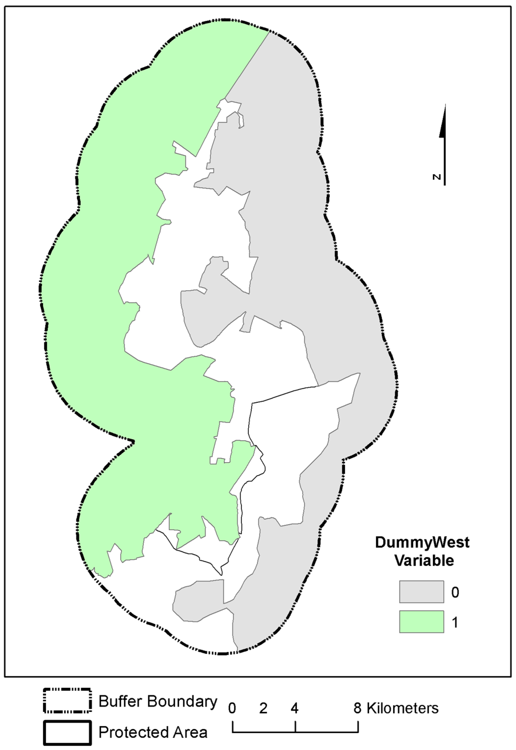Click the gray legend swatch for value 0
pos(421,592)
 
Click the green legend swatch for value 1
pos(421,622)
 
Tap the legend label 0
pos(455,592)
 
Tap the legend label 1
pos(455,622)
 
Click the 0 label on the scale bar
pos(232,708)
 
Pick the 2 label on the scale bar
pos(263,708)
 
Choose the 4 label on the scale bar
pos(295,708)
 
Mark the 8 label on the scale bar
pos(357,708)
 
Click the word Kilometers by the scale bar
pos(403,708)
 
